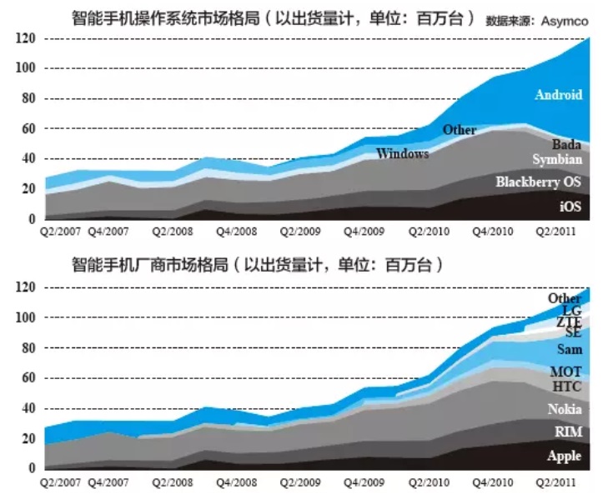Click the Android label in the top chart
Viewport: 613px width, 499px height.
point(559,94)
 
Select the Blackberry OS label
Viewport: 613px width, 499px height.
point(539,182)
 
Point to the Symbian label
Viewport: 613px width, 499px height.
point(556,159)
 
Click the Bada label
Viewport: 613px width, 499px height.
point(565,144)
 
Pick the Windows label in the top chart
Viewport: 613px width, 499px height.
point(402,153)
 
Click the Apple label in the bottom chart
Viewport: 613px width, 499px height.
point(564,456)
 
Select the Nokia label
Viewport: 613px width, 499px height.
point(565,409)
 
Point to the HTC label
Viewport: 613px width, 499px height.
point(567,387)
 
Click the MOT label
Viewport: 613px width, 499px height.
point(565,372)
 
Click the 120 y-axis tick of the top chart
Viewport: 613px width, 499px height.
point(24,38)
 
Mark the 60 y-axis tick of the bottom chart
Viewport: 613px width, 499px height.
point(24,378)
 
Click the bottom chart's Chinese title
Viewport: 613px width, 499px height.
point(254,267)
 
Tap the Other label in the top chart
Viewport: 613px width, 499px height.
point(459,130)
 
